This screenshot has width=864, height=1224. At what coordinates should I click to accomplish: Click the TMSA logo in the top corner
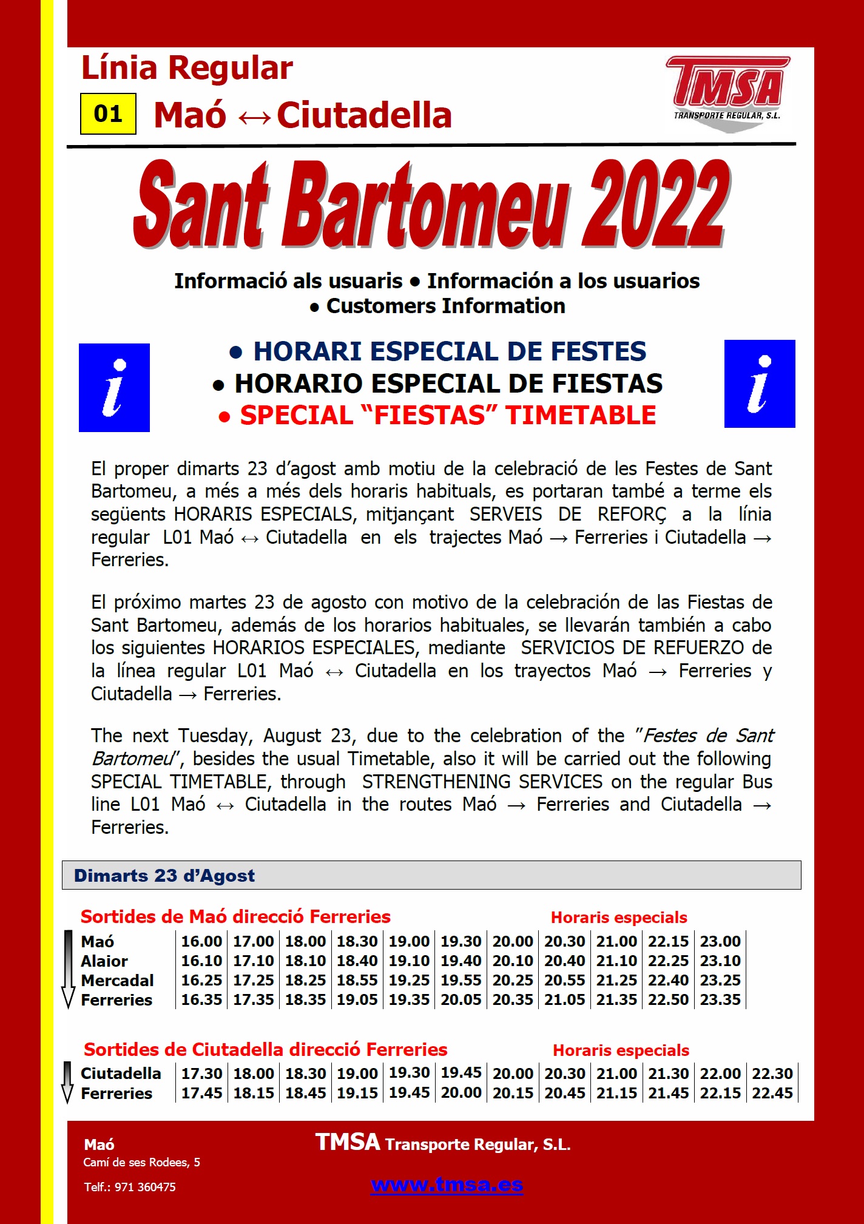point(727,93)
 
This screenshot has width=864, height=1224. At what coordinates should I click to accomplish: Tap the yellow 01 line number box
point(108,113)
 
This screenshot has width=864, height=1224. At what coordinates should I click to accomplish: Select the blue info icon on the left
point(114,388)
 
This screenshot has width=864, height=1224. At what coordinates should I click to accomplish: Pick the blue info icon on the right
point(760,384)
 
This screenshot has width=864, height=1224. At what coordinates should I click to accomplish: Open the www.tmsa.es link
point(447,1185)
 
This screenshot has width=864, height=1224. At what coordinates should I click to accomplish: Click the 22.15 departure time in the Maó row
point(668,941)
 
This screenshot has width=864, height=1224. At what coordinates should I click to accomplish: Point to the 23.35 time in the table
point(720,999)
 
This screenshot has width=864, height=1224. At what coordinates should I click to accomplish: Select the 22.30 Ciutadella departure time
point(772,1074)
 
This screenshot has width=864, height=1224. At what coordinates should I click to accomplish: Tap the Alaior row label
point(104,961)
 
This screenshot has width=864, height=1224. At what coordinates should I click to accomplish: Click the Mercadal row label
point(117,981)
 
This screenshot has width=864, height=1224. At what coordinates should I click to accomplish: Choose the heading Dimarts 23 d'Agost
point(164,876)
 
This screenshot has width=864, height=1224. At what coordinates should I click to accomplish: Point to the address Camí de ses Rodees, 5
point(141,1162)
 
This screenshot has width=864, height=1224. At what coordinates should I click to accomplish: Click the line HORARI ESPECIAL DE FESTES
point(450,351)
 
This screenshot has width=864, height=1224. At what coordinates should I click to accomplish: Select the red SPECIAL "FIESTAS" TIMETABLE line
point(448,416)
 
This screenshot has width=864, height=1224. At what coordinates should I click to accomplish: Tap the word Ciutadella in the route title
point(364,115)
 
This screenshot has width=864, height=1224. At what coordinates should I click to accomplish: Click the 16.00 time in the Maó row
point(201,941)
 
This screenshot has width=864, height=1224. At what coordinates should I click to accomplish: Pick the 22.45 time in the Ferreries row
point(772,1093)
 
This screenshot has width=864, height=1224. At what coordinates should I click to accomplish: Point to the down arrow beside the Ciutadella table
point(68,1083)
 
